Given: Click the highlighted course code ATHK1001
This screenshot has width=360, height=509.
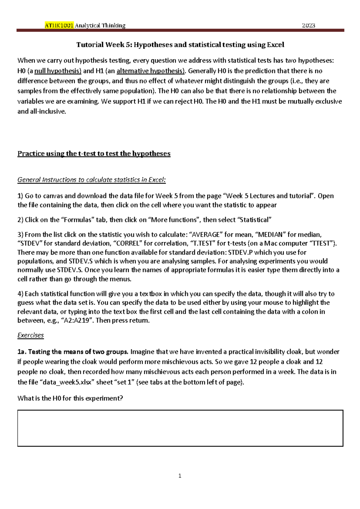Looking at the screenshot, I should point(59,26).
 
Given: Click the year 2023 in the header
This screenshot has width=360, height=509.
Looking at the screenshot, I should point(308,26).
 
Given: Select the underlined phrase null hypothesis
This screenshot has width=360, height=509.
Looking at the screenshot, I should point(58,71).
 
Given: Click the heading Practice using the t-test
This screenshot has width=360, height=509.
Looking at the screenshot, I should point(94,154).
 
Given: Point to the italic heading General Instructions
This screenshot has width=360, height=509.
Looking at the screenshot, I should point(91,180).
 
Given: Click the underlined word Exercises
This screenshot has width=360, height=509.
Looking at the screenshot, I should point(31,335).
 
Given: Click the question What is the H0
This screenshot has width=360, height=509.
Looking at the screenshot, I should point(70,398).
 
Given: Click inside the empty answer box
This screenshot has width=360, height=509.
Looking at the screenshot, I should point(180,428).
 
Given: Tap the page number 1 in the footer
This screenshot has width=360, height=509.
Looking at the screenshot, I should point(180,476).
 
